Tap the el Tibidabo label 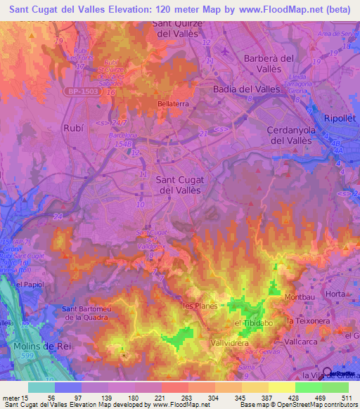[x=253, y=323]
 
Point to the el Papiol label [x=25, y=285]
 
